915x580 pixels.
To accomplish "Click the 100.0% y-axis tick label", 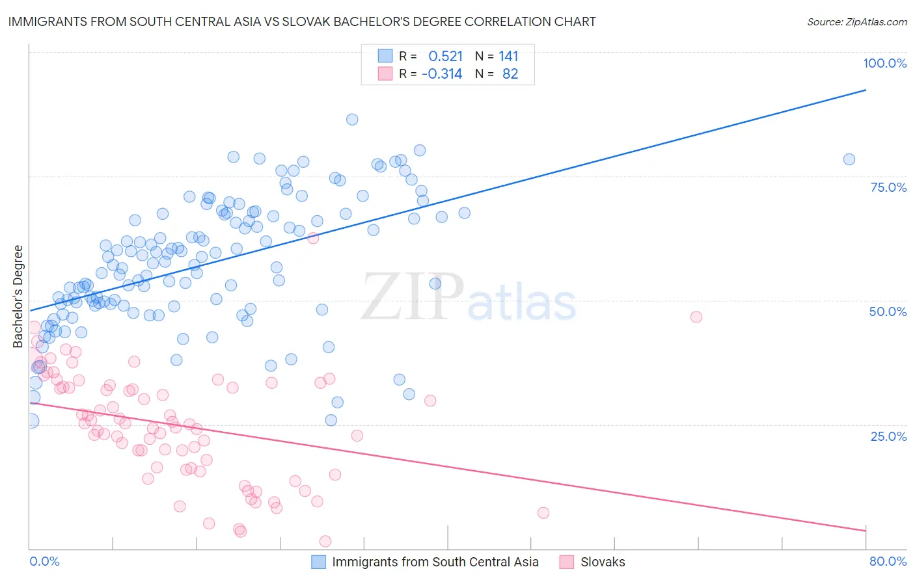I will pyautogui.click(x=884, y=63).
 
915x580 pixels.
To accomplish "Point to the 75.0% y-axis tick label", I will pyautogui.click(x=888, y=187).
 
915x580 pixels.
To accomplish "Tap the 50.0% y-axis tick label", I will pyautogui.click(x=888, y=311).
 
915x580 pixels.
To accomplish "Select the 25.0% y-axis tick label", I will pyautogui.click(x=888, y=436).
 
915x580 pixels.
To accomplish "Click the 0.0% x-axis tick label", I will pyautogui.click(x=44, y=561).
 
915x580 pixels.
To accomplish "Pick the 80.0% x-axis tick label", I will pyautogui.click(x=888, y=561).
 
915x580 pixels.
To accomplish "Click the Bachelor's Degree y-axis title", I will pyautogui.click(x=18, y=297).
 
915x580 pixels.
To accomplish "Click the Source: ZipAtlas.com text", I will pyautogui.click(x=856, y=21).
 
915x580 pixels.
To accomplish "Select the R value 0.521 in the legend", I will pyautogui.click(x=445, y=56).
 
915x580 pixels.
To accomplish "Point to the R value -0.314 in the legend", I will pyautogui.click(x=442, y=74).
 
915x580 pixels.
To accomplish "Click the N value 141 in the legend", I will pyautogui.click(x=508, y=56).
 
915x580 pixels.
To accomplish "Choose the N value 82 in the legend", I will pyautogui.click(x=510, y=74).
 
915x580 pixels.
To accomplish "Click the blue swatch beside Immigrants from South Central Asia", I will pyautogui.click(x=318, y=562).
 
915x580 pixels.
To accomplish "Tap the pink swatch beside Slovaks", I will pyautogui.click(x=567, y=562).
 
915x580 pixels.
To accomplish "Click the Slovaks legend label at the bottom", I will pyautogui.click(x=603, y=562).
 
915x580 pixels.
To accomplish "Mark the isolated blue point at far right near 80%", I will pyautogui.click(x=849, y=159).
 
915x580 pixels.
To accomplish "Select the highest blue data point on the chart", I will pyautogui.click(x=352, y=119).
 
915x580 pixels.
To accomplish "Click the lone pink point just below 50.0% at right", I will pyautogui.click(x=696, y=317).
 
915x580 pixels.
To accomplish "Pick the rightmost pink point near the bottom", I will pyautogui.click(x=543, y=513).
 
